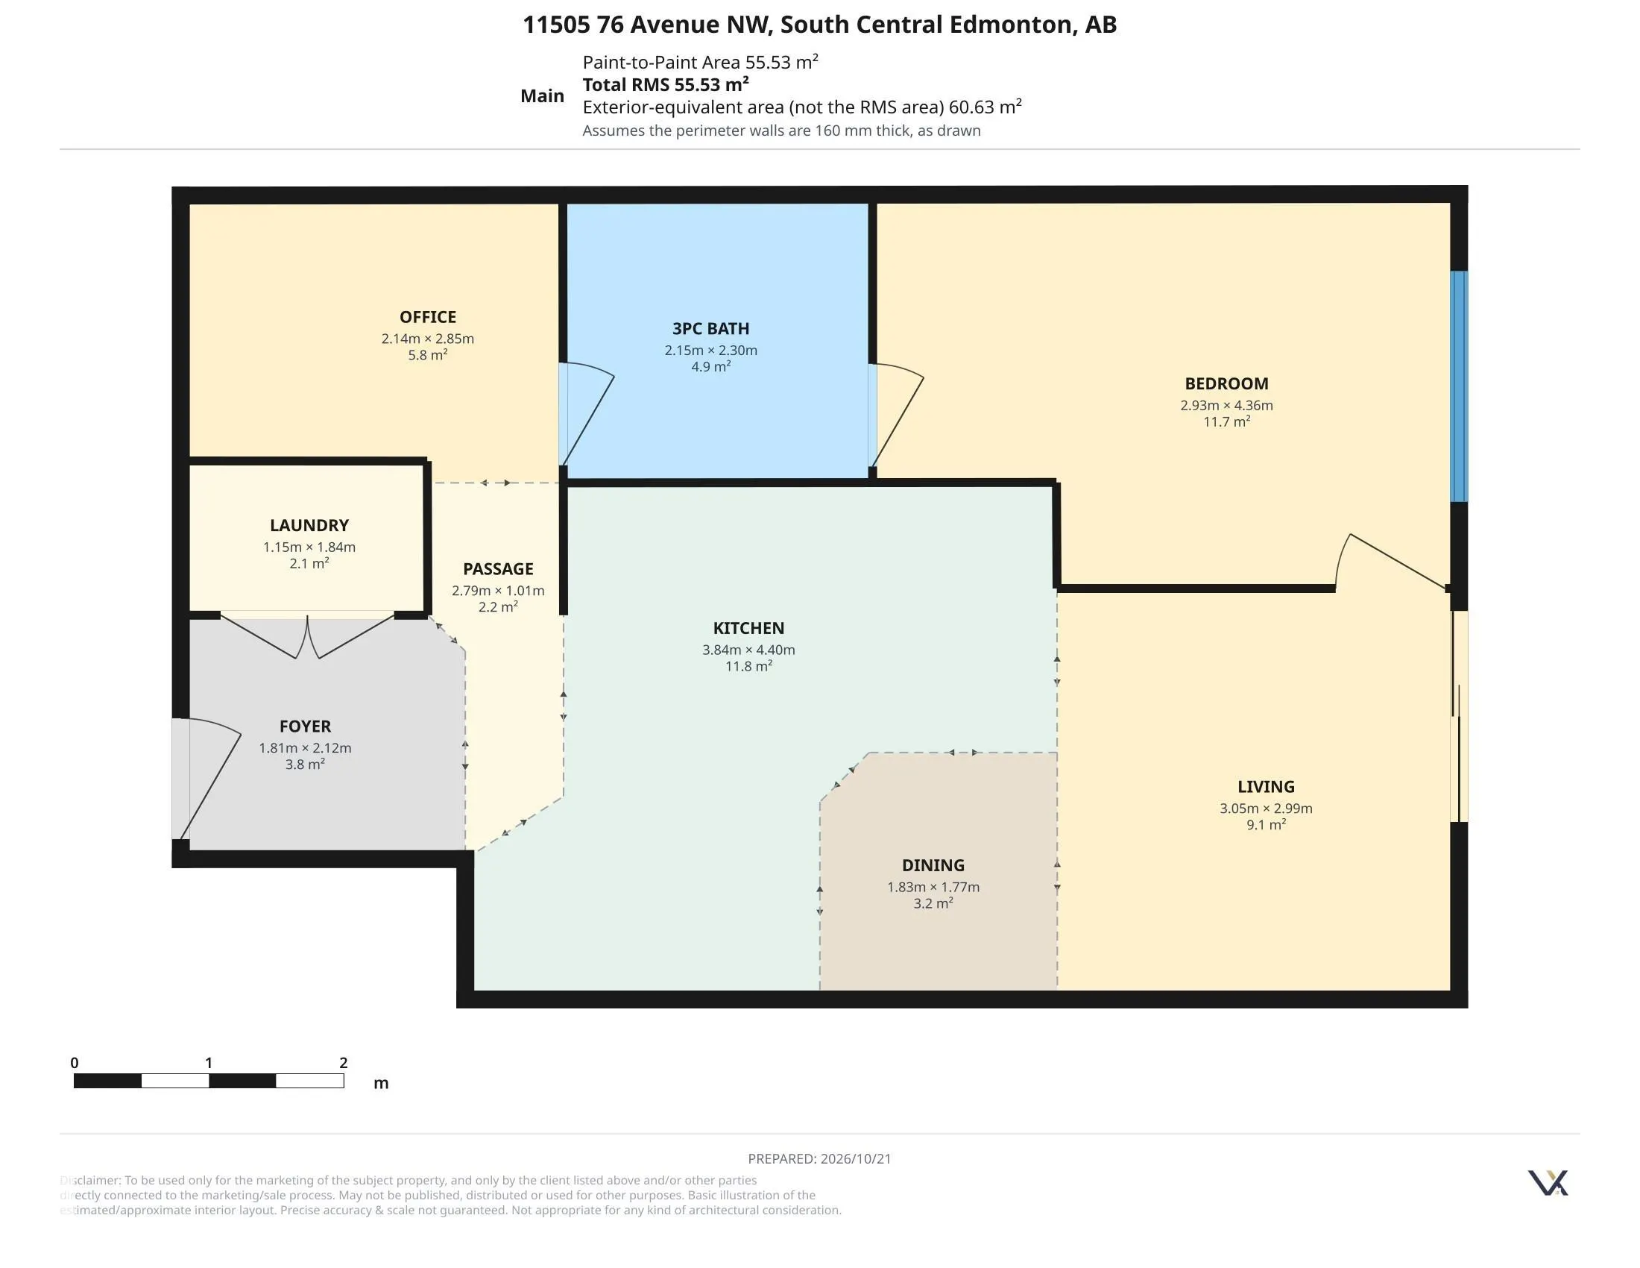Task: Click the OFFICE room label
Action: (427, 317)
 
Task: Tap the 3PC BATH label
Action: (710, 328)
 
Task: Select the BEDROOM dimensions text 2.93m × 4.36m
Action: (1226, 405)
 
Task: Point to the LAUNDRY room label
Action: (309, 525)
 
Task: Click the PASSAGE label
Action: (498, 568)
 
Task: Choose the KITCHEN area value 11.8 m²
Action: (748, 665)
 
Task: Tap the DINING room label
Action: (933, 865)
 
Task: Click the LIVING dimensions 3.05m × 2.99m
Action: (1266, 809)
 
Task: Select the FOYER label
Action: (305, 726)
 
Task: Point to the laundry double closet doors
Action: (308, 637)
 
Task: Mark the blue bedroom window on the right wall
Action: (1458, 386)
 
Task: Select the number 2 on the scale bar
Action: (343, 1062)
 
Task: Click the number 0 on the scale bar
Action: (75, 1062)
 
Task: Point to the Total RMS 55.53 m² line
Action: (665, 84)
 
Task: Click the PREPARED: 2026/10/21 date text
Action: (819, 1158)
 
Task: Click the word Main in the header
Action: (542, 95)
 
